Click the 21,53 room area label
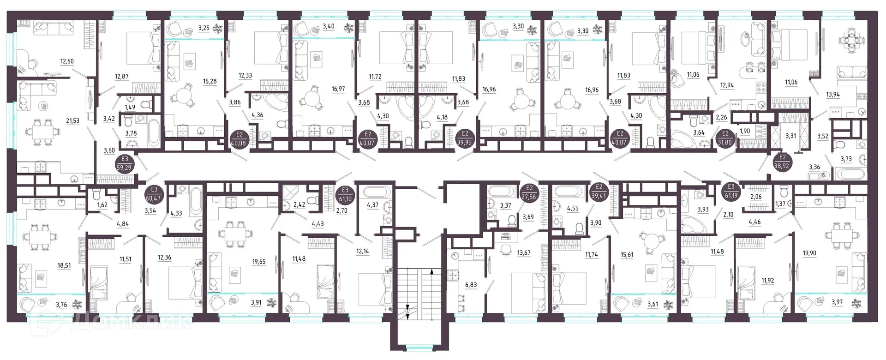(73, 121)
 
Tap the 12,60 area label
(67, 61)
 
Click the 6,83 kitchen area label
(471, 285)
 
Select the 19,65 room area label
(259, 262)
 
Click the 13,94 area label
(833, 95)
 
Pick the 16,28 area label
(209, 81)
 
